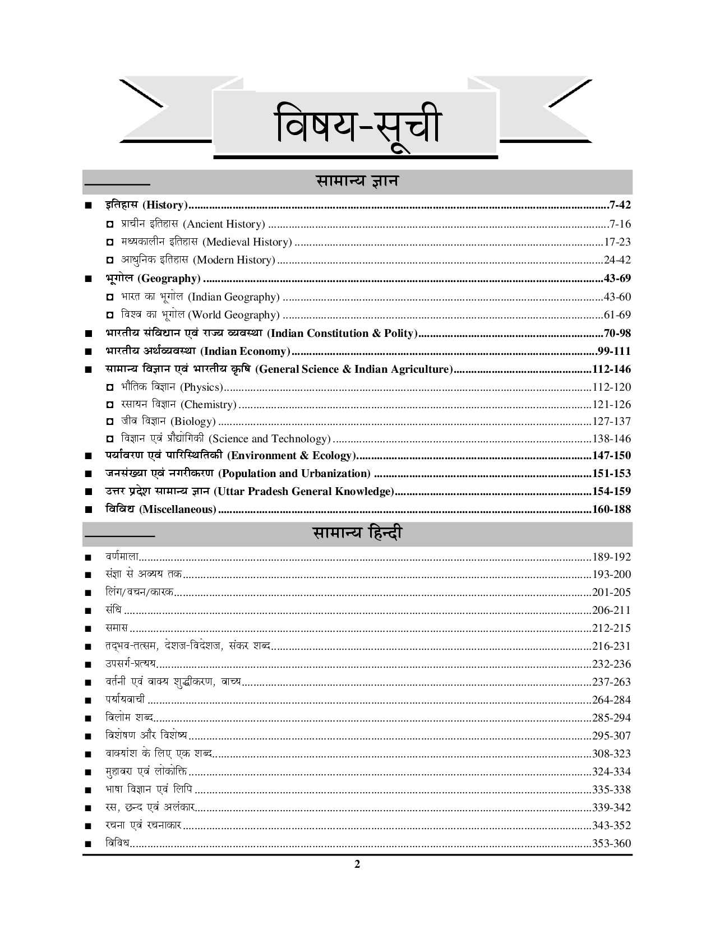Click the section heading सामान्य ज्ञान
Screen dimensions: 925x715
[357, 182]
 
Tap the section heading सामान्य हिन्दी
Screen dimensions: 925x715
[357, 533]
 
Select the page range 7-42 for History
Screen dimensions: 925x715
[619, 205]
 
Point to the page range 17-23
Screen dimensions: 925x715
[617, 242]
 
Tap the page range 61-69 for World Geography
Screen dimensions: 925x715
[617, 315]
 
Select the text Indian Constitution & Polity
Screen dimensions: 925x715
[342, 334]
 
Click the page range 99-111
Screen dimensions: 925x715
[614, 351]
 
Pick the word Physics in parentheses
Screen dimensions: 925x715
[202, 387]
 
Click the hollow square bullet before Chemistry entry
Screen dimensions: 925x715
[110, 405]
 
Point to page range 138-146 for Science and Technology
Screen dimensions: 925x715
[611, 439]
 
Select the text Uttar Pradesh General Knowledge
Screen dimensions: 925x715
[303, 492]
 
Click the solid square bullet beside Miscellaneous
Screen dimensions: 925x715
[87, 510]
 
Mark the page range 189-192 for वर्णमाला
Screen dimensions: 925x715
[611, 557]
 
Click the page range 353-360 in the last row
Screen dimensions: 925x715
[611, 844]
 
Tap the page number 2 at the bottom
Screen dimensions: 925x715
[357, 864]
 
